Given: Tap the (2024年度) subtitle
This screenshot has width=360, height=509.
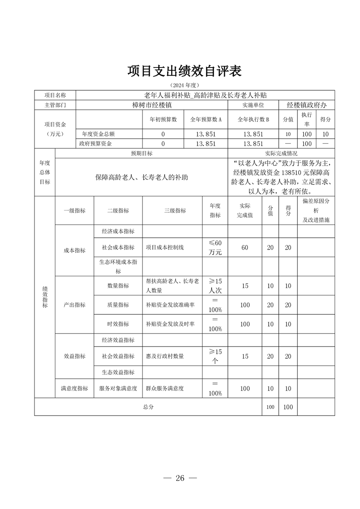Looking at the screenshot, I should click(185, 85).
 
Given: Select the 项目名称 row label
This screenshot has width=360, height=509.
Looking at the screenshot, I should click(55, 95).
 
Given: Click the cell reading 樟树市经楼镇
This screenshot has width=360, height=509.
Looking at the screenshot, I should click(151, 105).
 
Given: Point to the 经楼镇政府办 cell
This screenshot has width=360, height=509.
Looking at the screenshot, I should click(307, 105).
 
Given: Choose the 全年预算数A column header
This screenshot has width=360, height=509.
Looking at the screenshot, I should click(206, 120).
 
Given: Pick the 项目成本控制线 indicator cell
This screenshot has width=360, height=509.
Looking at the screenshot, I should click(165, 247).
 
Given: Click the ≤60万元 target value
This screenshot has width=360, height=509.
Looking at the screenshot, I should click(215, 247).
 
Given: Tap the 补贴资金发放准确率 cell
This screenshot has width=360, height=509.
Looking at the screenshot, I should click(170, 305).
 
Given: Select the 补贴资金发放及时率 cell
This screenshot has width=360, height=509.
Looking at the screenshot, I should click(170, 324).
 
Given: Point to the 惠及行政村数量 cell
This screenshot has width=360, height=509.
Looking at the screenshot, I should click(165, 356).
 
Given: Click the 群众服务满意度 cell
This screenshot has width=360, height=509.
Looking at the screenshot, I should click(165, 388).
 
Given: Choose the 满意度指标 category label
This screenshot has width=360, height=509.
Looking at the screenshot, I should click(74, 388).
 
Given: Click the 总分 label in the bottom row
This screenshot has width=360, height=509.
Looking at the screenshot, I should click(148, 407).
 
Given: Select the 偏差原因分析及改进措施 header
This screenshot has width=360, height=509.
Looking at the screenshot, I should click(316, 210).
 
